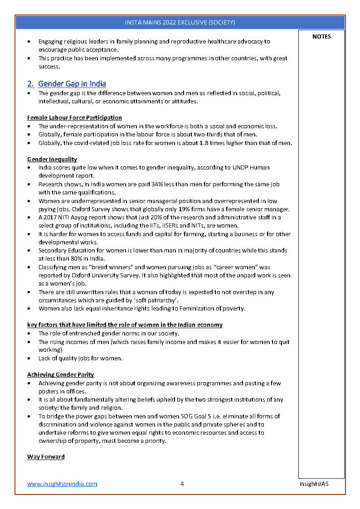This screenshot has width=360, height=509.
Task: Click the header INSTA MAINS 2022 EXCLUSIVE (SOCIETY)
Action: [180, 22]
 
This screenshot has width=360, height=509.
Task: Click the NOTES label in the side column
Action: [321, 37]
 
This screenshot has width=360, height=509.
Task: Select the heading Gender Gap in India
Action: [72, 84]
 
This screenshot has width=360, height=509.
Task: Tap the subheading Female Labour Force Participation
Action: [74, 118]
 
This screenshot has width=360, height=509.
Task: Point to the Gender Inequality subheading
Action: [52, 159]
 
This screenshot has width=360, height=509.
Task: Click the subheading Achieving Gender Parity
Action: [61, 375]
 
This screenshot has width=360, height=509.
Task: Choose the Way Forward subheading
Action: [46, 456]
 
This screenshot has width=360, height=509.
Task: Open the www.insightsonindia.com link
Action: [62, 484]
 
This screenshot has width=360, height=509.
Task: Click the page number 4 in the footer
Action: [182, 484]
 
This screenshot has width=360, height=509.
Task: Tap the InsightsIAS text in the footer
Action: [314, 484]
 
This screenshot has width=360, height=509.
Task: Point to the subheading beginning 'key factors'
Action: [125, 325]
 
